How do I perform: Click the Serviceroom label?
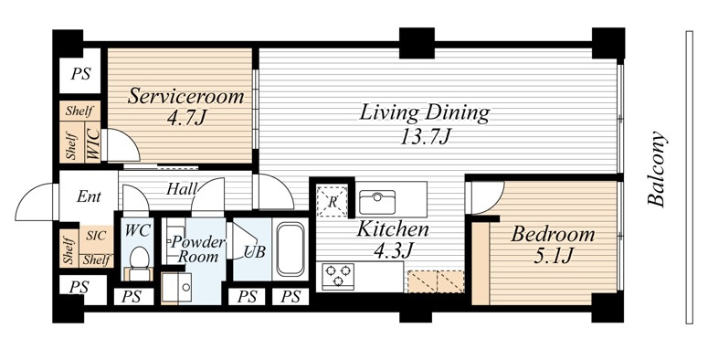(x=185, y=97)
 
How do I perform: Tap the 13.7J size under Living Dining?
(x=426, y=136)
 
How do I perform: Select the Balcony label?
(x=657, y=169)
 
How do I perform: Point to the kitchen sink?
(x=377, y=202)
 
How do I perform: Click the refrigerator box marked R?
(x=332, y=201)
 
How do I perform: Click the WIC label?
(x=93, y=144)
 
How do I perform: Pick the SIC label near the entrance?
(x=96, y=236)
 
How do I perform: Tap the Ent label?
(x=89, y=196)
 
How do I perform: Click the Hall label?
(x=182, y=189)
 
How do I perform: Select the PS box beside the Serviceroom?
(x=79, y=73)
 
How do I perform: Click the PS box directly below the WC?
(x=132, y=296)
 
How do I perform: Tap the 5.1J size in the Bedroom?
(x=554, y=256)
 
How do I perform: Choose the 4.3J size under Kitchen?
(x=394, y=250)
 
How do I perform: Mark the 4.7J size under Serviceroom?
(x=186, y=118)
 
